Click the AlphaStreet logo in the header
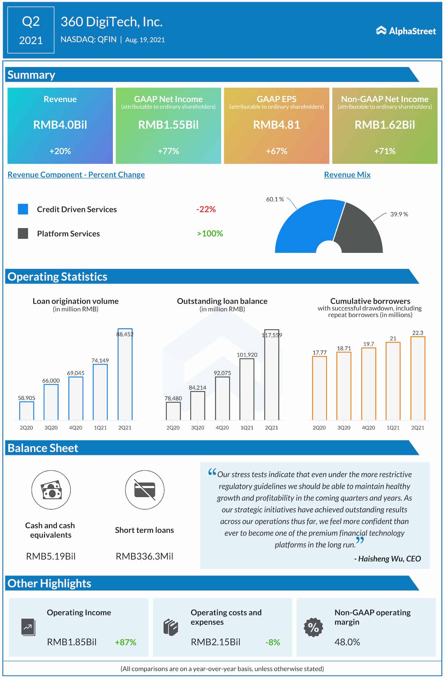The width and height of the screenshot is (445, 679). click(405, 31)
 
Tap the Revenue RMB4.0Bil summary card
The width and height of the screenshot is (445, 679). click(60, 125)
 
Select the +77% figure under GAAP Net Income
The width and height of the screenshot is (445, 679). click(168, 151)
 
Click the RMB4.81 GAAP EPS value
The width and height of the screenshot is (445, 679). click(276, 125)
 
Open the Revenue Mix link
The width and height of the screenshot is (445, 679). click(347, 175)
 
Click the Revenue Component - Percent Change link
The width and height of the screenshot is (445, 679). click(76, 175)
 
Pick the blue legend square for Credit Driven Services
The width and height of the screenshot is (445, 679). click(23, 209)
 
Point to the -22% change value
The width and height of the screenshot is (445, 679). click(206, 209)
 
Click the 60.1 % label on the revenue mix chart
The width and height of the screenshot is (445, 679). click(275, 199)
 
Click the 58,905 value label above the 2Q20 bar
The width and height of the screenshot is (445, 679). click(26, 398)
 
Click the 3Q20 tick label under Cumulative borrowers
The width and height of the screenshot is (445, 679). click(343, 428)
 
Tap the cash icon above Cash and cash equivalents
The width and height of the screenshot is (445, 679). click(51, 490)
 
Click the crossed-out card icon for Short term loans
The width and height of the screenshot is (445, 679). click(144, 490)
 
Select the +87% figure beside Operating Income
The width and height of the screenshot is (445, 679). click(126, 642)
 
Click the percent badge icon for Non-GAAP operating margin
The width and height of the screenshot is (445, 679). click(313, 627)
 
